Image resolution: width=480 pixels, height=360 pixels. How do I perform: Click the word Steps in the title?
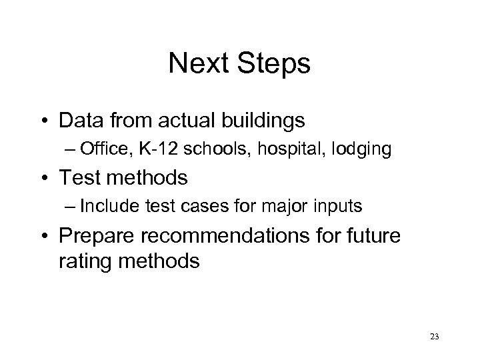click(277, 64)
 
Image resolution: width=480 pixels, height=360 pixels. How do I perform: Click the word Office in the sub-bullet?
click(98, 151)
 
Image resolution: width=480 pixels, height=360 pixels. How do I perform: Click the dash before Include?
click(69, 207)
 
